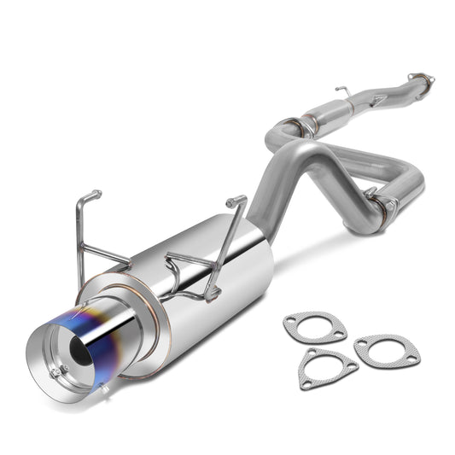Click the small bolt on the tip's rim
(x=55, y=372)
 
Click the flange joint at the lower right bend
(x=380, y=204)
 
